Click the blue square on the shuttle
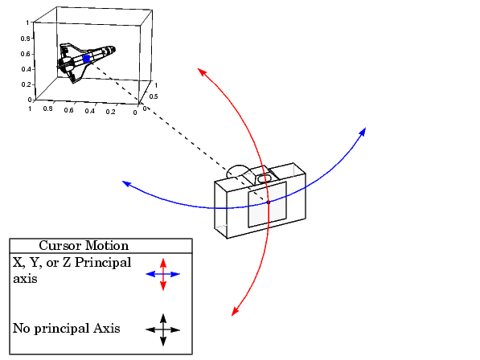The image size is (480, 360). tap(87, 59)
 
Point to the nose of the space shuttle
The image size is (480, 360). tap(114, 49)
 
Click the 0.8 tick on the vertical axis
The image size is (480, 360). tap(26, 39)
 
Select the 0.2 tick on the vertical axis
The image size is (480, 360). tap(26, 84)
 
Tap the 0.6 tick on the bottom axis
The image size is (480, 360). tap(68, 110)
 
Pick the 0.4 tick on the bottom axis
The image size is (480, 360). tap(90, 111)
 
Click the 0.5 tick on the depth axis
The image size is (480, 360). tap(154, 96)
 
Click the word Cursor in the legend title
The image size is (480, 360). tap(60, 246)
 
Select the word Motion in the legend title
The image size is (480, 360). tap(107, 246)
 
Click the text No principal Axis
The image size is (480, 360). tap(67, 329)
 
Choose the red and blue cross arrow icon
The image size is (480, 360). tap(163, 274)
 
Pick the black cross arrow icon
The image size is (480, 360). tap(163, 330)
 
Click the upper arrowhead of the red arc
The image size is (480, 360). tap(202, 72)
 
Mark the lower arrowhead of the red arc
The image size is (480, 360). tap(235, 311)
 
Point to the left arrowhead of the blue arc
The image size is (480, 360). tap(126, 183)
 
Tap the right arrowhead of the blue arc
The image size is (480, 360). tap(363, 132)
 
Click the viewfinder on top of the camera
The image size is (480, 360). tap(264, 178)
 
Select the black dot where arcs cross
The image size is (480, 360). tap(269, 202)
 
